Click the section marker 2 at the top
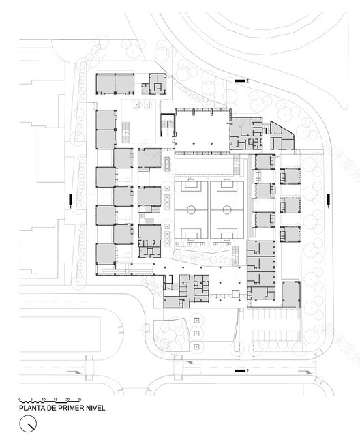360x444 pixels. pyautogui.click(x=247, y=81)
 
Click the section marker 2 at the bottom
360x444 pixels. pyautogui.click(x=247, y=371)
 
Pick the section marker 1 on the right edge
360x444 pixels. pyautogui.click(x=329, y=206)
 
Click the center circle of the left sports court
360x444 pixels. pyautogui.click(x=191, y=209)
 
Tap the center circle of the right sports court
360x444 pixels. pyautogui.click(x=226, y=209)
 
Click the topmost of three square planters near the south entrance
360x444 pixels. pyautogui.click(x=197, y=320)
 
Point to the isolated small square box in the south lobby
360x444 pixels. pyautogui.click(x=236, y=293)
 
